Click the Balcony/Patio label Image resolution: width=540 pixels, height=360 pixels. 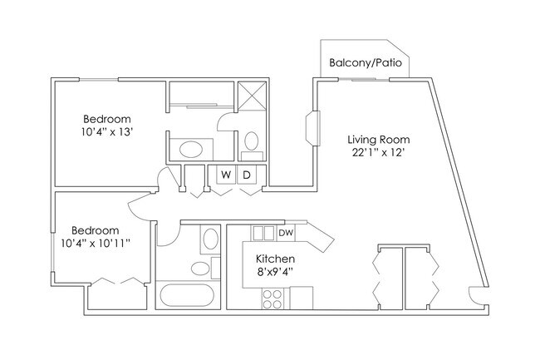[366, 62]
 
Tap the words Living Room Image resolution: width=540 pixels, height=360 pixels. [379, 140]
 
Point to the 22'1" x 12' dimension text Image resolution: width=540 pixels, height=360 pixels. [378, 152]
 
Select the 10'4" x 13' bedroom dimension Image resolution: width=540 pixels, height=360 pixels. [107, 131]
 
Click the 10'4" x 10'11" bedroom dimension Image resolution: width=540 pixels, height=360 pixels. [96, 244]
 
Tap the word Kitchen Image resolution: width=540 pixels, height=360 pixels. [275, 259]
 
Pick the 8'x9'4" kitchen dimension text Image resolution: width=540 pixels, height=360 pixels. [275, 272]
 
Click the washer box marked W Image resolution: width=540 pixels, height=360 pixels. [226, 175]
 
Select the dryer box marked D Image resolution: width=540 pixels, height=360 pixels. [247, 175]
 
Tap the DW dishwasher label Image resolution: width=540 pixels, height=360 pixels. [286, 233]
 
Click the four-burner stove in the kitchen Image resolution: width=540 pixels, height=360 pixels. [272, 298]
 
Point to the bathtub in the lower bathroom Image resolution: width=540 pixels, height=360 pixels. [187, 295]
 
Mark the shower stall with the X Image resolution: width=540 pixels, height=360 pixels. [253, 96]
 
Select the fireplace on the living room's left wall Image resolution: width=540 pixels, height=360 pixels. [313, 128]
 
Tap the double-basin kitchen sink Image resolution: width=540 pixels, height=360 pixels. [263, 233]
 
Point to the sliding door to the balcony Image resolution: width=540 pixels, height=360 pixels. [364, 80]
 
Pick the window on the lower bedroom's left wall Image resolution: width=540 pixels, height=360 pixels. [52, 252]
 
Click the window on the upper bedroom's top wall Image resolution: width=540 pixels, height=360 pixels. [99, 80]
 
